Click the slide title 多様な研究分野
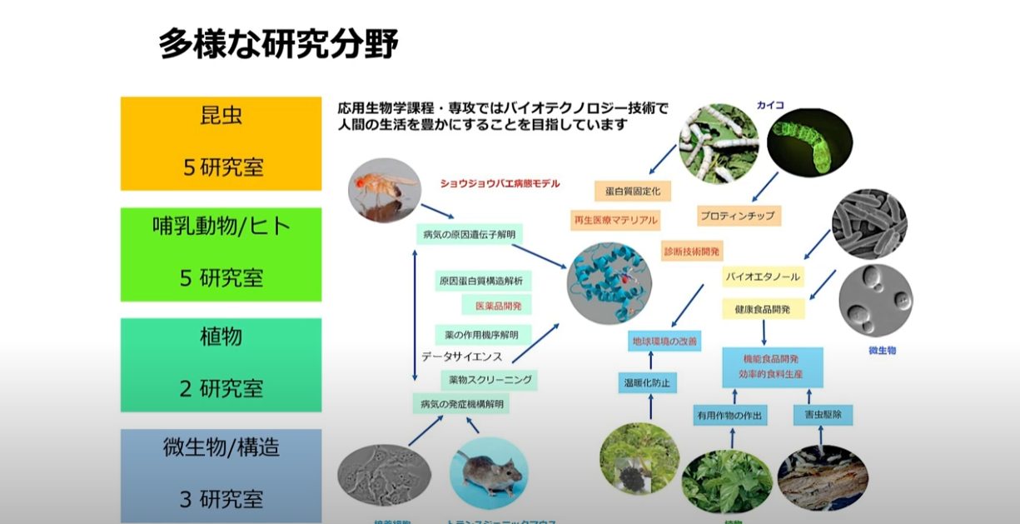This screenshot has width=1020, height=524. [278, 45]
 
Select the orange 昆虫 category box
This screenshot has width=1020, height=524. [221, 142]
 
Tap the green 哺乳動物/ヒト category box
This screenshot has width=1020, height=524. [221, 253]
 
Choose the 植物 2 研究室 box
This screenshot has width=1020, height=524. [221, 362]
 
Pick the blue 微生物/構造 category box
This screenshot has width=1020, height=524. [221, 473]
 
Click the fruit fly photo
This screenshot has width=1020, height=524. [384, 187]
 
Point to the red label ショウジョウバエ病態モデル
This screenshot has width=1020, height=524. [500, 183]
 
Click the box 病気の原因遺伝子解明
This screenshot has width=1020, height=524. [469, 235]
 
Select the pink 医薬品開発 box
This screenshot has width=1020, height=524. [498, 306]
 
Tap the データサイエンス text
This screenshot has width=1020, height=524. [461, 356]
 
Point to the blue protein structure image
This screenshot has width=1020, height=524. [609, 283]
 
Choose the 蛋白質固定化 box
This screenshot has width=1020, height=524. [632, 191]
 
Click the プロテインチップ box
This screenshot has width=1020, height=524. [736, 216]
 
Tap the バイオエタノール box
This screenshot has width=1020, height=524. [762, 276]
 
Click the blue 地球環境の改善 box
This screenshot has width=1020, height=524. [663, 341]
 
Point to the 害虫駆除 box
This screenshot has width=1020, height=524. [822, 414]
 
